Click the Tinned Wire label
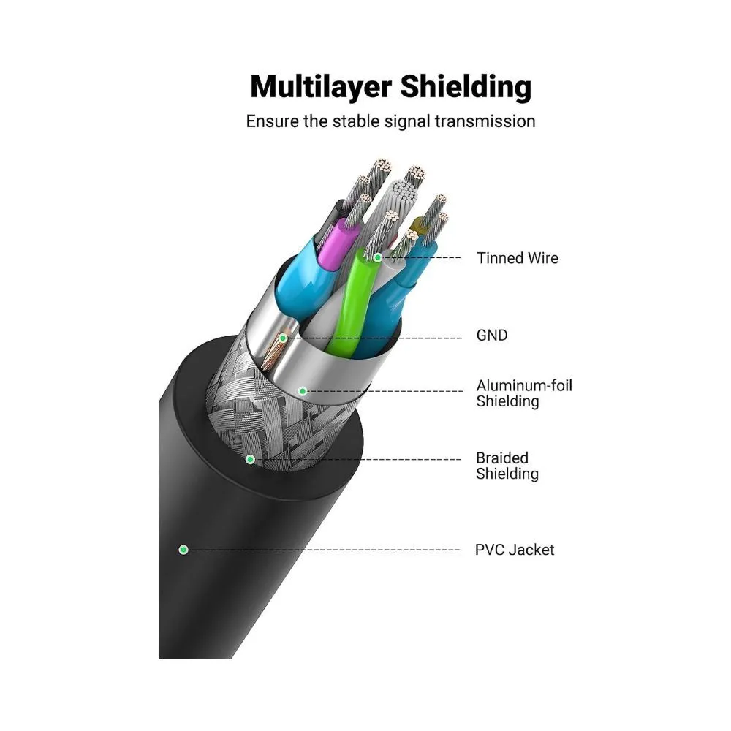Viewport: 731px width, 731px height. (x=517, y=258)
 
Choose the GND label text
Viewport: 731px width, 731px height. (x=491, y=336)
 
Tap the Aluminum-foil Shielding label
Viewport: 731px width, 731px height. (x=524, y=393)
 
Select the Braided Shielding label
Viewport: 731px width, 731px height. (x=507, y=466)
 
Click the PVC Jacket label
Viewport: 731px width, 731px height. (x=515, y=549)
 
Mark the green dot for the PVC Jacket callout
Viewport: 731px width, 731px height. (x=183, y=549)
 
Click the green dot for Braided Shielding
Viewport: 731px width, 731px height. (x=250, y=459)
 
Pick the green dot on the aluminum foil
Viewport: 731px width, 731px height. (x=302, y=391)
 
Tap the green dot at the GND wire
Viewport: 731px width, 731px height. (x=283, y=338)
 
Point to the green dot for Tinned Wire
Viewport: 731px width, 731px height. (x=378, y=257)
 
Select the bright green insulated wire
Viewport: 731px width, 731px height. (x=349, y=307)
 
